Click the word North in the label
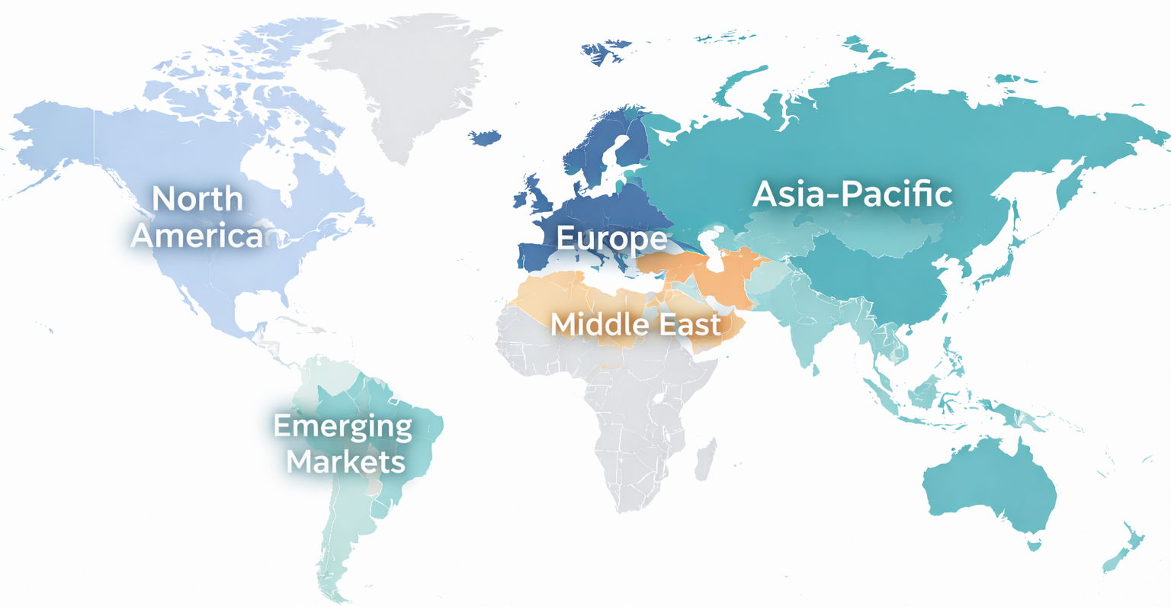click(197, 199)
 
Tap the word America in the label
click(197, 236)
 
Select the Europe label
click(611, 238)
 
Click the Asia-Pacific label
click(852, 194)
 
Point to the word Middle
click(593, 325)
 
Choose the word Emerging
click(342, 426)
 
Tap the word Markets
click(346, 461)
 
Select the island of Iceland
click(484, 137)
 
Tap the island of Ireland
click(521, 200)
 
